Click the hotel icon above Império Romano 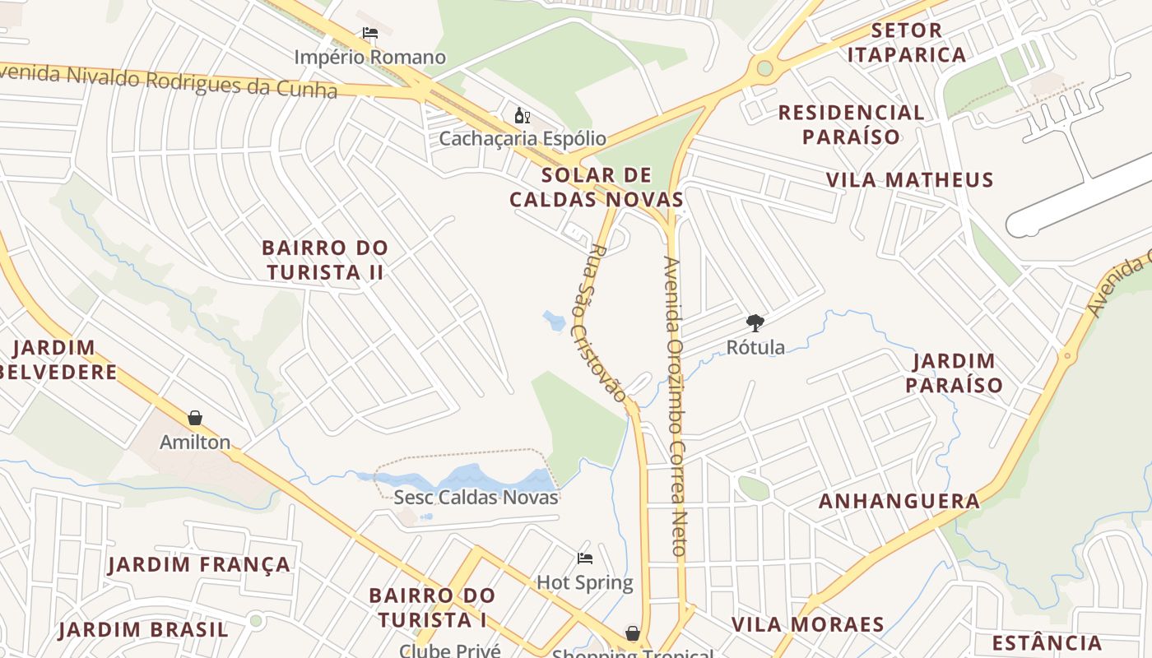[x=370, y=34]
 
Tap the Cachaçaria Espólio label [x=523, y=138]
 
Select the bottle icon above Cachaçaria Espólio [x=522, y=115]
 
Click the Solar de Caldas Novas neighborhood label [x=597, y=188]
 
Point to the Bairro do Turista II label [x=324, y=260]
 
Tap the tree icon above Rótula [x=755, y=322]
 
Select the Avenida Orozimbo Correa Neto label [x=676, y=407]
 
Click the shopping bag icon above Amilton [x=195, y=418]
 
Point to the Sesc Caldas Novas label [x=476, y=498]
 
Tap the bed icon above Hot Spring [x=585, y=558]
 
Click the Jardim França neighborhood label [x=199, y=565]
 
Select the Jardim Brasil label [x=143, y=631]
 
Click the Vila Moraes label [x=808, y=624]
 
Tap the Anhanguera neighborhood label [x=899, y=501]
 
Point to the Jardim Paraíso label [x=955, y=373]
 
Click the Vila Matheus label [x=910, y=180]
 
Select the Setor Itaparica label [x=907, y=43]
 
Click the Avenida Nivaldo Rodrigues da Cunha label [x=169, y=81]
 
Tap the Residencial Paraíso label [x=852, y=124]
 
